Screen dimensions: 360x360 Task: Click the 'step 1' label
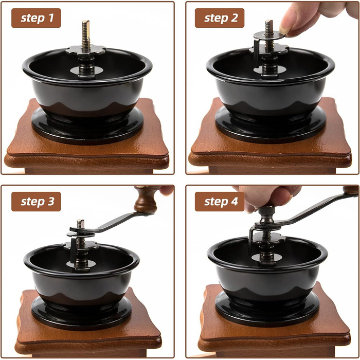36,18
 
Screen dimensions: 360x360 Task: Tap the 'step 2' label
220,18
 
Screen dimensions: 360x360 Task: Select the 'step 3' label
36,202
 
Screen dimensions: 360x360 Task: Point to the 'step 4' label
220,202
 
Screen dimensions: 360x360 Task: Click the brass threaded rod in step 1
86,35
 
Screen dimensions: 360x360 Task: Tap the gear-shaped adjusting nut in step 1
86,50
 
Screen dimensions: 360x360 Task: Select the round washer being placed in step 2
269,35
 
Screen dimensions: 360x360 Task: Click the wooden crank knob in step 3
146,200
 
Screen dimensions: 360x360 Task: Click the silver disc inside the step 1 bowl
86,70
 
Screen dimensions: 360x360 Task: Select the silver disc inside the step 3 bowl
81,264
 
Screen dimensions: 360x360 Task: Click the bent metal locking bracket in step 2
257,51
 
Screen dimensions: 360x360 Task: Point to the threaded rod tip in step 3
80,223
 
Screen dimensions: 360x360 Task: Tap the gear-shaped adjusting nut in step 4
268,238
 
